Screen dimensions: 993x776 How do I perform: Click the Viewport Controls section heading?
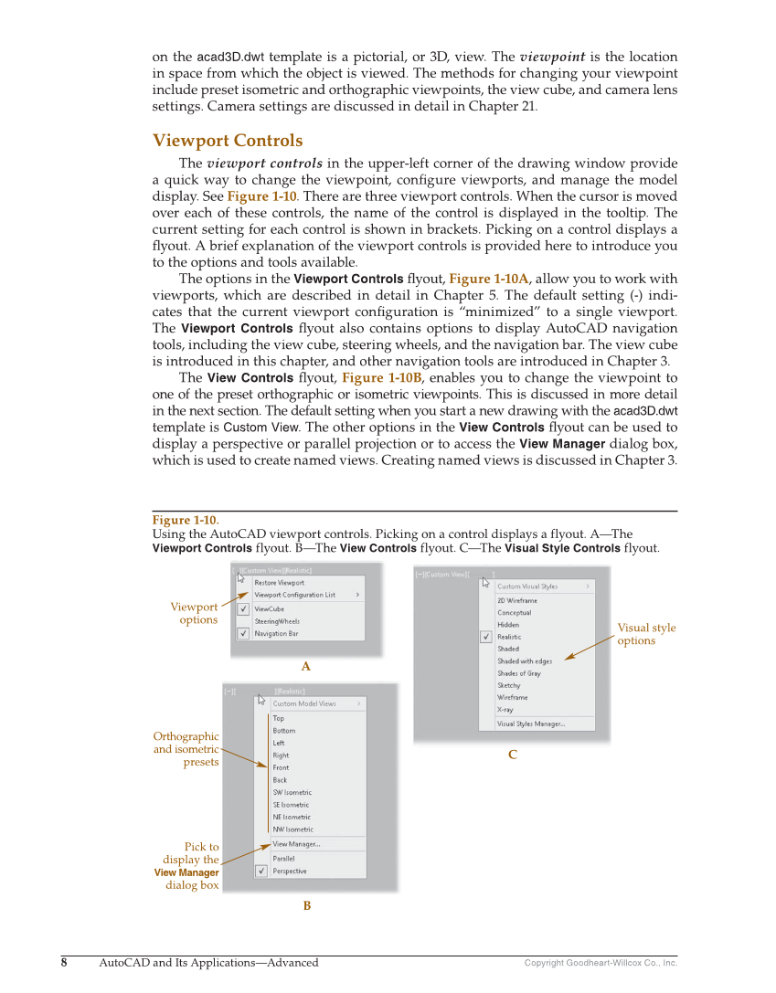(227, 141)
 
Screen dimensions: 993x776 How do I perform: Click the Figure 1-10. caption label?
(185, 521)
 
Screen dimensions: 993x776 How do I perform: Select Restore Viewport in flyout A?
(279, 583)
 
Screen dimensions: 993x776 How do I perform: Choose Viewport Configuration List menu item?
(294, 595)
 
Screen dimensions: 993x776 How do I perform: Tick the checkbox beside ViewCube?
(243, 608)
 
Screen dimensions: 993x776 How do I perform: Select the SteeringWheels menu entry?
(276, 621)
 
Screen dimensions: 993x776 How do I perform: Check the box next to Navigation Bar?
(243, 633)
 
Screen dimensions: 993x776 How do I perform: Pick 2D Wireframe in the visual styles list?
(516, 601)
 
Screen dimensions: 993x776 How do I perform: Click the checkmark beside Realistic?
(486, 637)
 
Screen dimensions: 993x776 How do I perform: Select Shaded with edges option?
(524, 661)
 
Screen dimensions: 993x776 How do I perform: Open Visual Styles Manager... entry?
(530, 724)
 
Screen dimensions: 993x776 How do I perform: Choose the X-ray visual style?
(505, 710)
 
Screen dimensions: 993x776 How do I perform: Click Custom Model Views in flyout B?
(303, 703)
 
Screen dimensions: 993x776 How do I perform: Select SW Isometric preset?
(292, 793)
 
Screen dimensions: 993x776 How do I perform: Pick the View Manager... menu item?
(296, 844)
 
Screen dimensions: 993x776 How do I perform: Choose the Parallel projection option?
(284, 859)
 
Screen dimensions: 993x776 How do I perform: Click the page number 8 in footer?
(64, 962)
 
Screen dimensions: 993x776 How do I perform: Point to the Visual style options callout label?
(646, 634)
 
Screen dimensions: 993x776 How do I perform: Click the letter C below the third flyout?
(512, 755)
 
